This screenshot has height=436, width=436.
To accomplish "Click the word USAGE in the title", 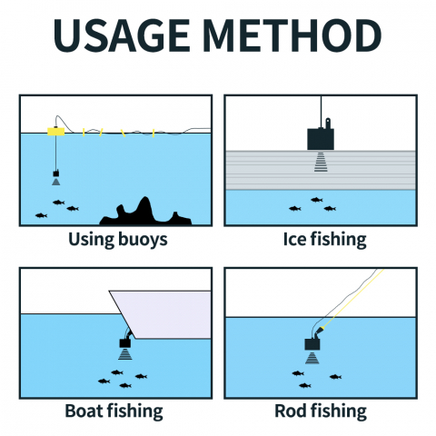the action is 122,35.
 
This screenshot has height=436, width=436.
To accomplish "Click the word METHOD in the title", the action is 292,35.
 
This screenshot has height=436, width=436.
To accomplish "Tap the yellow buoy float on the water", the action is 56,132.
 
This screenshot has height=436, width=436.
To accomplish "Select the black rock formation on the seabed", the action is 145,212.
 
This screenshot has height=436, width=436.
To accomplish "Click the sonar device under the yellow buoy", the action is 56,173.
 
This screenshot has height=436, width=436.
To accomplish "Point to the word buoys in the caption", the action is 143,240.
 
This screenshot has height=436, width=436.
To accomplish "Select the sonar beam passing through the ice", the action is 321,162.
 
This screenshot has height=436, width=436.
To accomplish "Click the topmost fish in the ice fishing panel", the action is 317,200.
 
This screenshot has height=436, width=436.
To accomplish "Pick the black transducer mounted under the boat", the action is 125,342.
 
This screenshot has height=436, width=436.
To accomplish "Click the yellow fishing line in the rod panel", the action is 352,299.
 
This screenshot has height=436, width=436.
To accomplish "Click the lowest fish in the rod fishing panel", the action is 305,385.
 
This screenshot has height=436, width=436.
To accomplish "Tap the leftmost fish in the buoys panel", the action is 41,215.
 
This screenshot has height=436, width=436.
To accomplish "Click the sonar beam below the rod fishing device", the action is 312,358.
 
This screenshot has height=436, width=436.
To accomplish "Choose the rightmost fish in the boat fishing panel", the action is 141,376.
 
